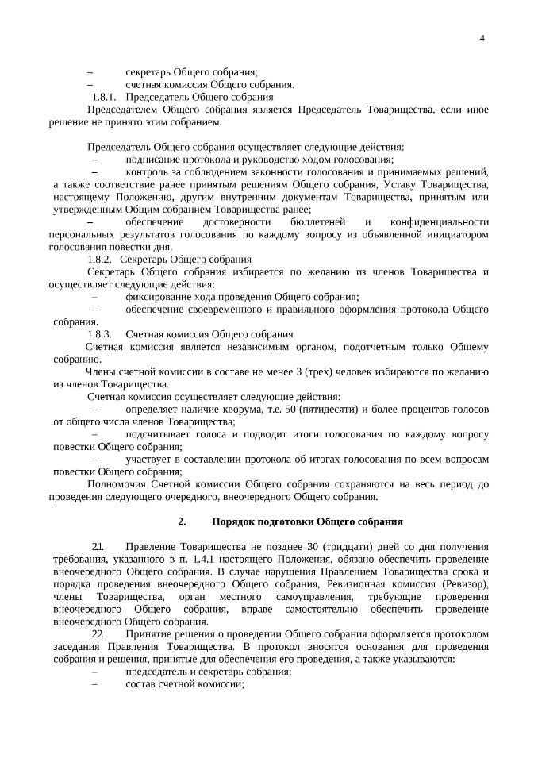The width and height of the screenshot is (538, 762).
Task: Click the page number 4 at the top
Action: [x=482, y=40]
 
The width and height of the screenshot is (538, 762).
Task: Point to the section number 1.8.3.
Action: [x=105, y=334]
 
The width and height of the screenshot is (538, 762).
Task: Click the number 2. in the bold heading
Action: [x=182, y=521]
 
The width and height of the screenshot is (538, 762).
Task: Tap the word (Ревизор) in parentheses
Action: [x=459, y=585]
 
